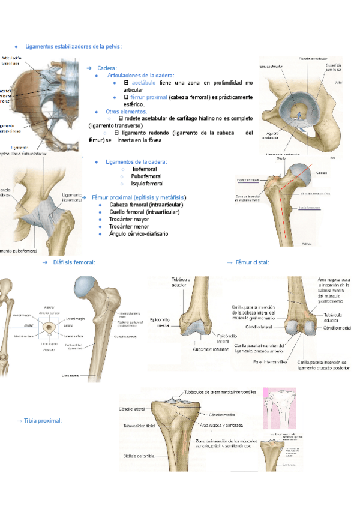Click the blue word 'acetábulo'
[x=144, y=82]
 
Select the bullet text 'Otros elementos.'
[x=126, y=112]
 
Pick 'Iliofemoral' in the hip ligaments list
[x=144, y=170]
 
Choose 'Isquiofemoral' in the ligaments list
[x=147, y=184]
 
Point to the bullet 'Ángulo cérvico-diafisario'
[x=139, y=233]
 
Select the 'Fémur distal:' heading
[x=252, y=262]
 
